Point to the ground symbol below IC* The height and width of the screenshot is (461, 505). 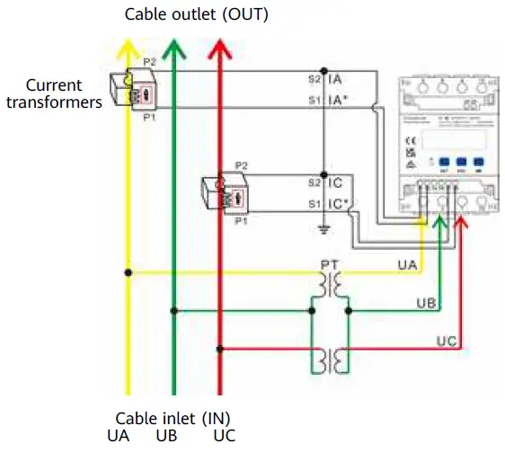326,230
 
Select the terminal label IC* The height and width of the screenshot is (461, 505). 339,205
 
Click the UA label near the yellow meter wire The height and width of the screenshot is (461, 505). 407,265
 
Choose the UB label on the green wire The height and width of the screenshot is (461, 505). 426,304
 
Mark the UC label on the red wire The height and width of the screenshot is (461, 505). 447,341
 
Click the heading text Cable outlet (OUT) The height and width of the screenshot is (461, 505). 196,14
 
